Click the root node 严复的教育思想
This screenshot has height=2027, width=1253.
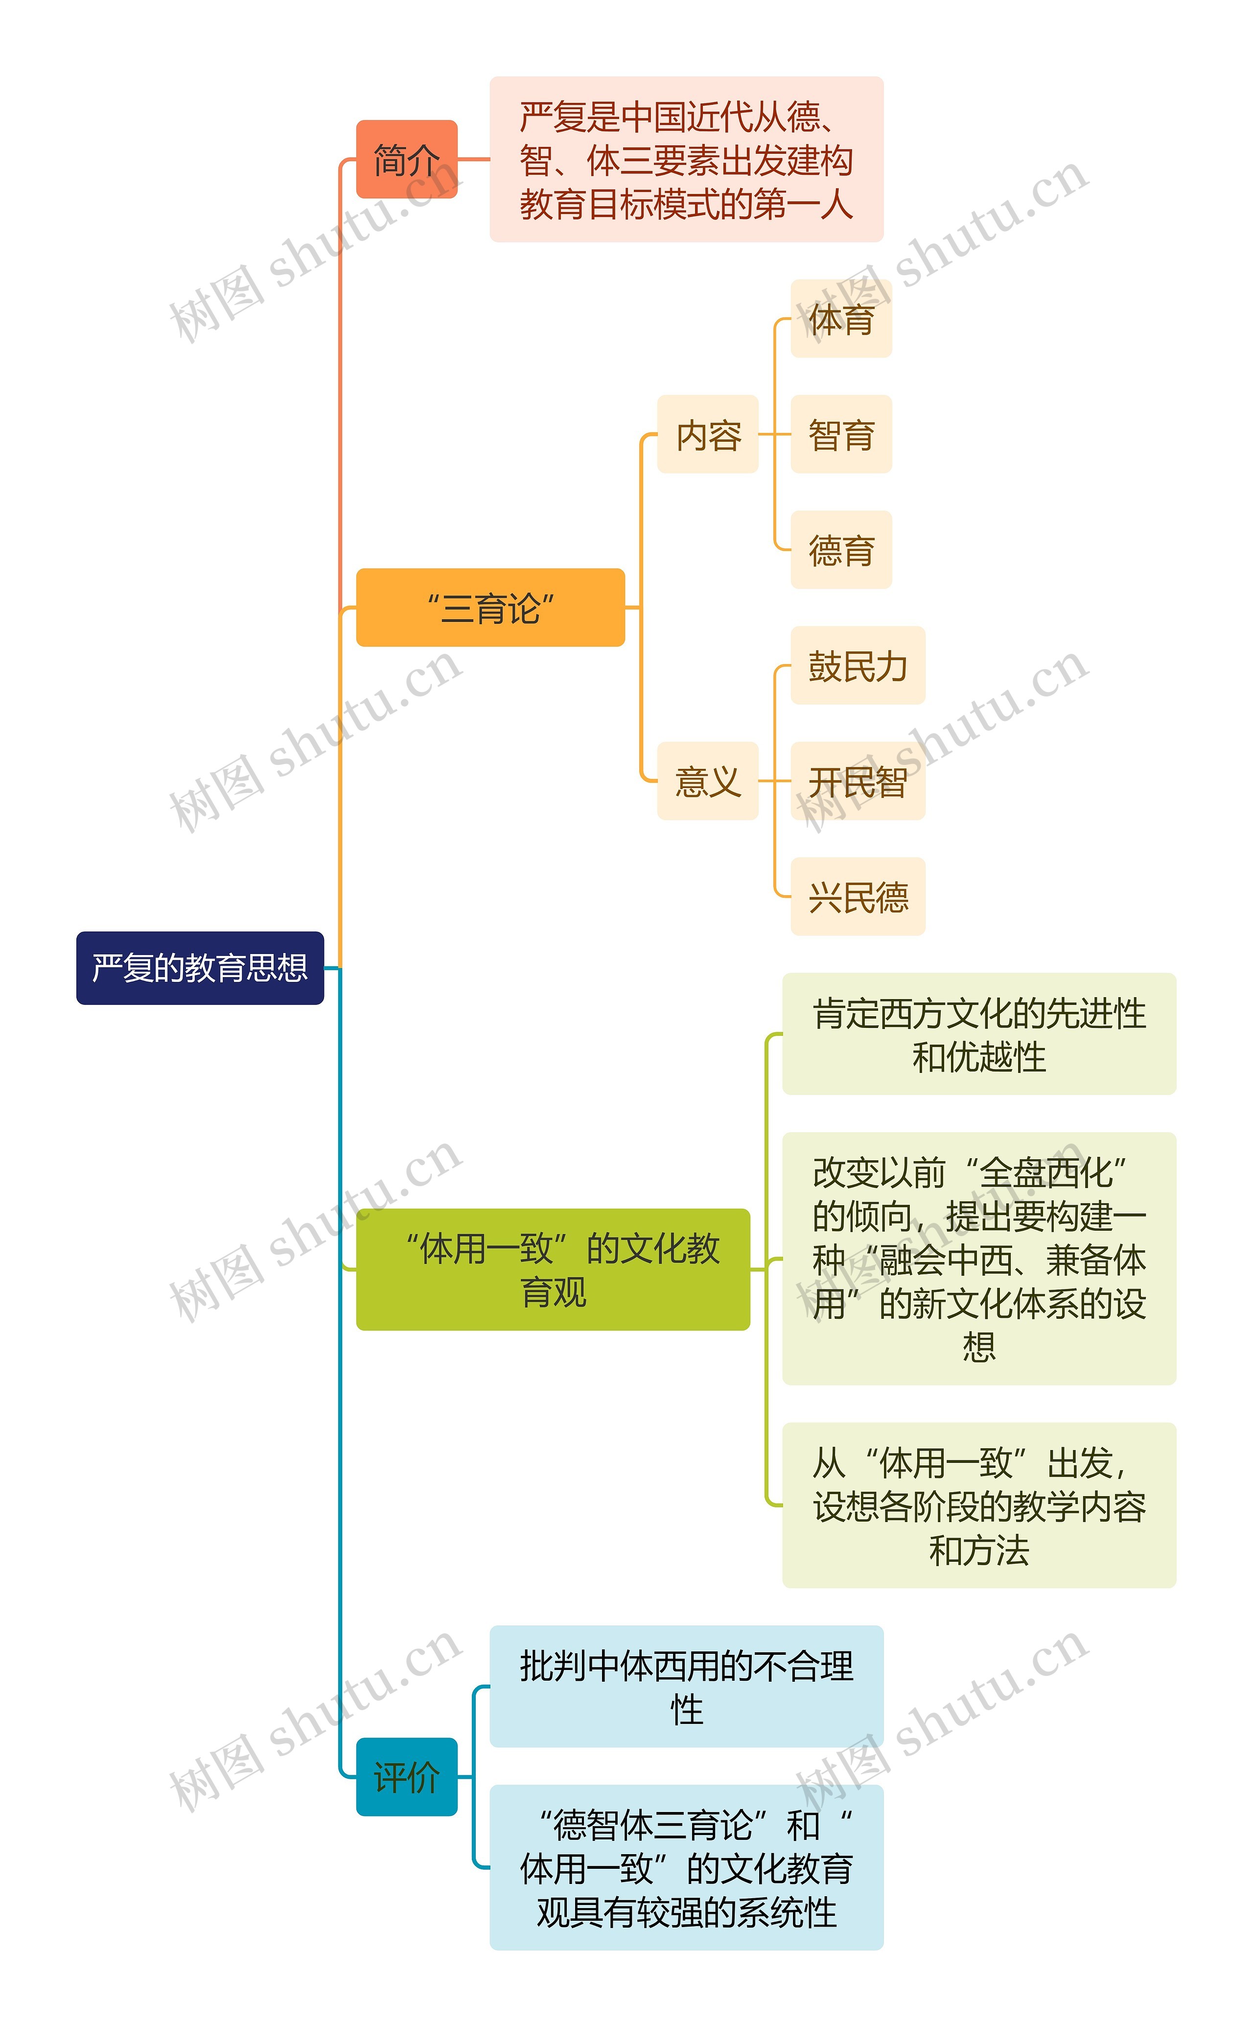click(x=200, y=968)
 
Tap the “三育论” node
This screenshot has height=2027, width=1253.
click(x=490, y=608)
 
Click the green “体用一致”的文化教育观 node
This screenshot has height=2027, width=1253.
click(x=553, y=1269)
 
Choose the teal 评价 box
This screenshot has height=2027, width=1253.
click(x=406, y=1777)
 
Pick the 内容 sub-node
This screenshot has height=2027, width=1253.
click(x=708, y=434)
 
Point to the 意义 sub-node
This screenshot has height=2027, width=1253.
click(x=708, y=781)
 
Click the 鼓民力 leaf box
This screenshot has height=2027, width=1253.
click(x=857, y=666)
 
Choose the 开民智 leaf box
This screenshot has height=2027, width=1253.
click(x=857, y=781)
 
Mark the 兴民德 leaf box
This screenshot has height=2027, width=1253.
click(x=857, y=896)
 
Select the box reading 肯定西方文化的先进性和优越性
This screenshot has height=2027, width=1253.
click(x=979, y=1034)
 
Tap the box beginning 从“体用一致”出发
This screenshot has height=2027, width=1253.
click(x=979, y=1505)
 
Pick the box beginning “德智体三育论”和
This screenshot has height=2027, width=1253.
click(x=686, y=1868)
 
